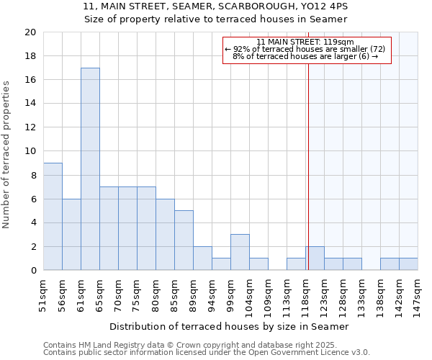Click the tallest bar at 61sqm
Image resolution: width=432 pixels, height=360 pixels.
click(90, 169)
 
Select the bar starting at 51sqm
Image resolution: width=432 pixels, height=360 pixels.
click(53, 217)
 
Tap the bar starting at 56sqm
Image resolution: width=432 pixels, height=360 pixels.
click(71, 235)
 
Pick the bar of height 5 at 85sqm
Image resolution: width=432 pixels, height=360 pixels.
click(184, 240)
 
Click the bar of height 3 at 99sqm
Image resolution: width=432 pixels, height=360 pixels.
click(240, 252)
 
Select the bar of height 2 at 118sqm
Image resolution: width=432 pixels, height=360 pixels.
click(315, 258)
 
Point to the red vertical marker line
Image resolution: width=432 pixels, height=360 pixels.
click(308, 180)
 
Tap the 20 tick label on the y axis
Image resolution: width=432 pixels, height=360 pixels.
click(30, 32)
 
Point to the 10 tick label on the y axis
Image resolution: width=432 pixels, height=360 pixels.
click(30, 151)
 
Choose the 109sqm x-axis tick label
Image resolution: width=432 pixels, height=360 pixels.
click(268, 293)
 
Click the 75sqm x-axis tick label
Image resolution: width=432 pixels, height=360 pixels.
click(137, 293)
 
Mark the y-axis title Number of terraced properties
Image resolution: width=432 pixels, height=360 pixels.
click(6, 155)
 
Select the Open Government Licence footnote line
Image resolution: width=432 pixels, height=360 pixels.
click(207, 353)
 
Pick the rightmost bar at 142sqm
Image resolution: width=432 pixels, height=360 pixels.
click(408, 264)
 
